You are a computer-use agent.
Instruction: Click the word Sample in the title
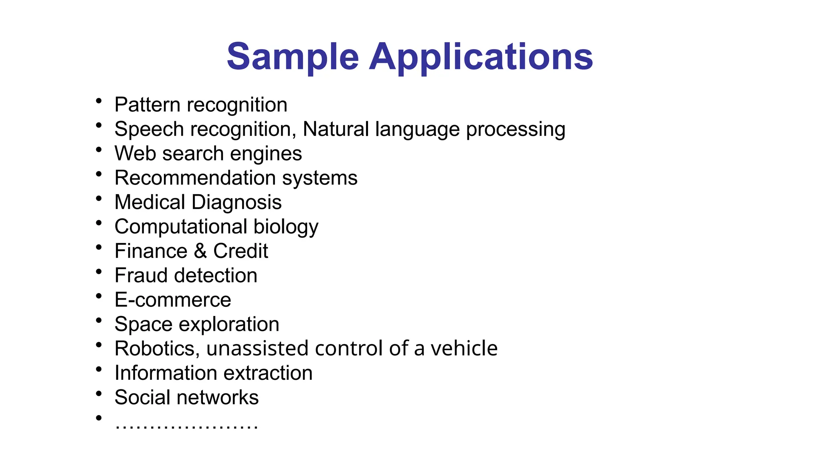click(293, 57)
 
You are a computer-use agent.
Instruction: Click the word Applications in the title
click(481, 57)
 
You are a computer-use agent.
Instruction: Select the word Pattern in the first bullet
click(147, 105)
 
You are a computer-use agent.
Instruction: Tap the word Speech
click(149, 130)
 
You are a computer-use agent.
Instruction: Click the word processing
click(516, 130)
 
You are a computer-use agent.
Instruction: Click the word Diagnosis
click(237, 203)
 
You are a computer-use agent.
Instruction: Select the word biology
click(286, 227)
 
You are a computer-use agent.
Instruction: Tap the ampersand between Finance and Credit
click(200, 251)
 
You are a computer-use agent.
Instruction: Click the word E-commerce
click(173, 300)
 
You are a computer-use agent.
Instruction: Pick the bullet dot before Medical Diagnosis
click(99, 199)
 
